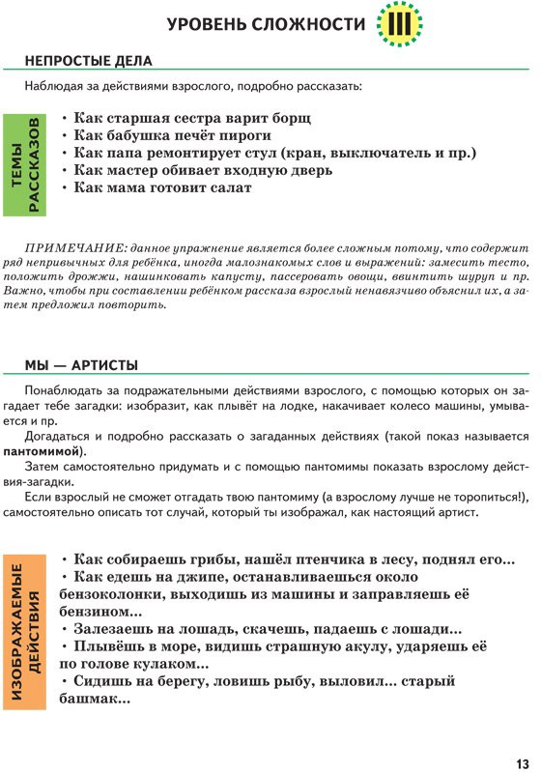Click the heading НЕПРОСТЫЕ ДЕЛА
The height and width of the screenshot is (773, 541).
coord(89,62)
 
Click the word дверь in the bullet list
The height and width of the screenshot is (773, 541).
coord(307,170)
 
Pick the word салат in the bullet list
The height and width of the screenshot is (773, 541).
coord(227,187)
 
